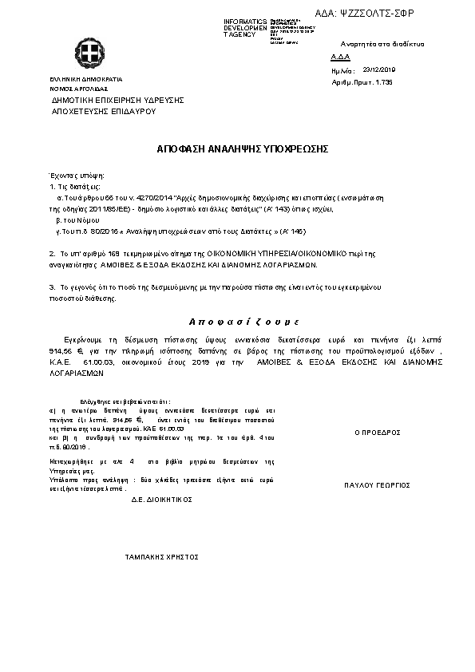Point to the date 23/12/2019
pos(379,69)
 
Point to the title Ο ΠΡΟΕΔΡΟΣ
pos(377,432)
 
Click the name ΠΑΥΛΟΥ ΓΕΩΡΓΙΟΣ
pos(377,484)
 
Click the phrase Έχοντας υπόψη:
pos(77,175)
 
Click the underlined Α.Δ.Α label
pos(339,58)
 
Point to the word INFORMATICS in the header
pos(244,20)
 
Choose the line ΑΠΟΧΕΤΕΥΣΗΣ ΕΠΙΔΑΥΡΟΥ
pos(103,112)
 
